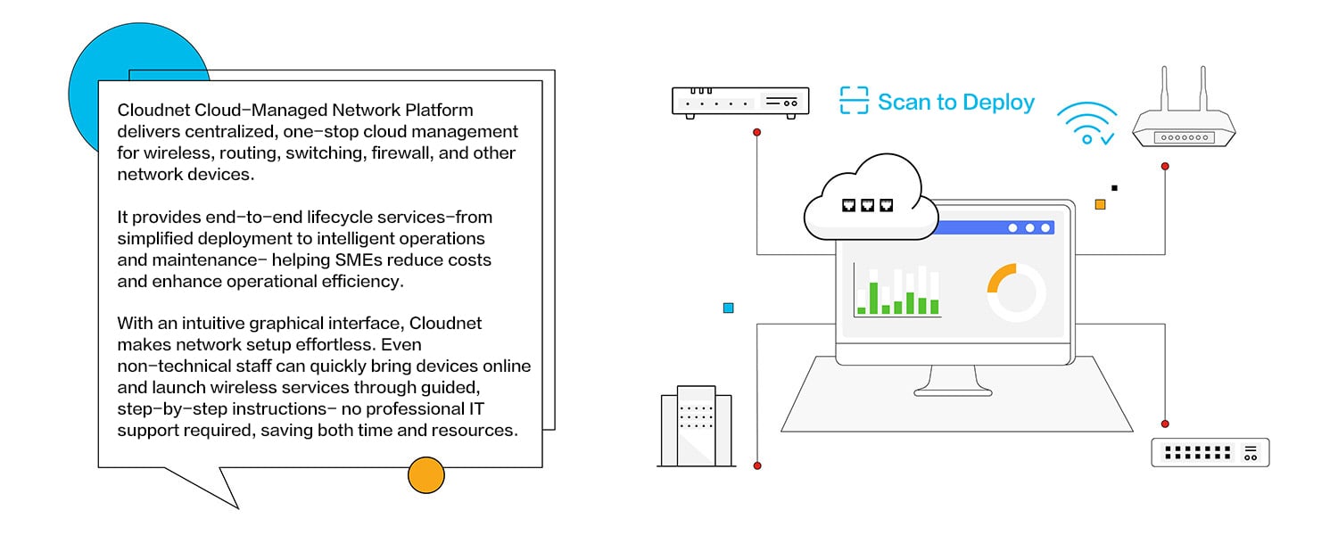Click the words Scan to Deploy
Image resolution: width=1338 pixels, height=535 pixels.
(x=955, y=102)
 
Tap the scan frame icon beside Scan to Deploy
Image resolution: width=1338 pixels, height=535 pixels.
(x=854, y=101)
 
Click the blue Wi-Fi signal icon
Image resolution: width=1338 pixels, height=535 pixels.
(x=1086, y=124)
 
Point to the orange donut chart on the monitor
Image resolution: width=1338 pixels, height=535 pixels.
(x=1015, y=292)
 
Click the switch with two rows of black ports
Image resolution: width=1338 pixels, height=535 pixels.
(x=1210, y=452)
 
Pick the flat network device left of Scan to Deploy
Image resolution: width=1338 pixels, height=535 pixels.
(x=739, y=102)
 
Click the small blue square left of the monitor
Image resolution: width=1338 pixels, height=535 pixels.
(x=728, y=308)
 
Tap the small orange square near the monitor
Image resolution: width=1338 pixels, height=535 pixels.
(x=1100, y=204)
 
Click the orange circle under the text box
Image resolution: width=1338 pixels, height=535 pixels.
(x=426, y=474)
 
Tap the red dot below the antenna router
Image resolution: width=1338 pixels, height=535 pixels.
(x=1165, y=166)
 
